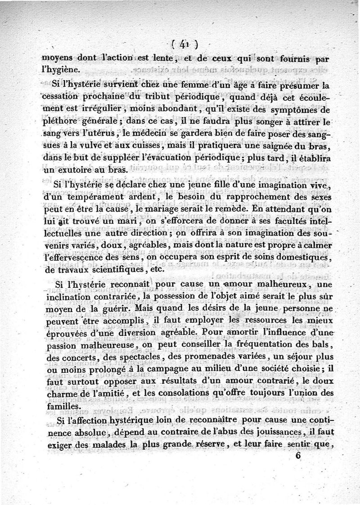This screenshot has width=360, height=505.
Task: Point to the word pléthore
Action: point(58,122)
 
